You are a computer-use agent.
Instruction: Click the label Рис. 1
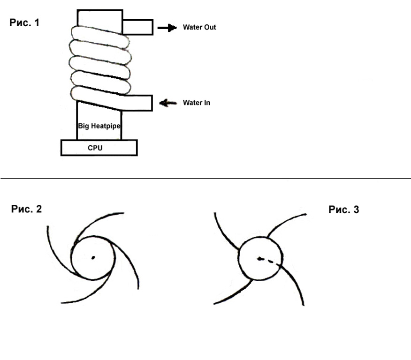pos(24,22)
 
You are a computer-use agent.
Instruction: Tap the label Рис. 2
pos(26,209)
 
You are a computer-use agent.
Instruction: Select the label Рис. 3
pos(343,210)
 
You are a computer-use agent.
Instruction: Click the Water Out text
pos(199,27)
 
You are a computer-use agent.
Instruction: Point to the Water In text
pos(196,103)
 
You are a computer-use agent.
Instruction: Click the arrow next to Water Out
pos(167,28)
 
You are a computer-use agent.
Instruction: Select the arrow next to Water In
pos(168,103)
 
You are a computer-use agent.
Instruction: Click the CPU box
pos(99,148)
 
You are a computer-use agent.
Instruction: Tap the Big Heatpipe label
pos(99,126)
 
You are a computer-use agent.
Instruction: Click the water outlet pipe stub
pos(137,27)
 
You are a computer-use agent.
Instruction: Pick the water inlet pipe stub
pos(137,103)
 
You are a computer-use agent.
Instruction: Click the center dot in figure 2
pos(93,258)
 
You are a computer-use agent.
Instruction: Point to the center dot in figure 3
pos(259,259)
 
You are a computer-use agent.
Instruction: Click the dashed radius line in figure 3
pos(269,262)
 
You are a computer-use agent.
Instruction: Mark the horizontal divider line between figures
pos(205,178)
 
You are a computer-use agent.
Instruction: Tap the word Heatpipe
pos(105,126)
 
